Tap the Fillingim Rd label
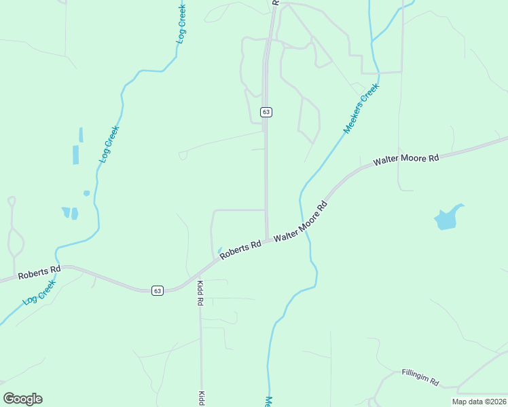tap(420, 376)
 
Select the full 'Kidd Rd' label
tap(200, 294)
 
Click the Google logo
tap(22, 399)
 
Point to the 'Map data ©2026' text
tap(479, 402)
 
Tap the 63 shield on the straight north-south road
tap(266, 111)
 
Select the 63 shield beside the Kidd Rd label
tap(158, 290)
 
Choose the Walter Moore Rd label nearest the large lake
tap(405, 159)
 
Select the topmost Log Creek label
tap(181, 24)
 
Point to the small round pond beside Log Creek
tap(86, 193)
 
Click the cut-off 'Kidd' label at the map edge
tap(201, 398)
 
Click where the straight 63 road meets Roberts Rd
tap(266, 239)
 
